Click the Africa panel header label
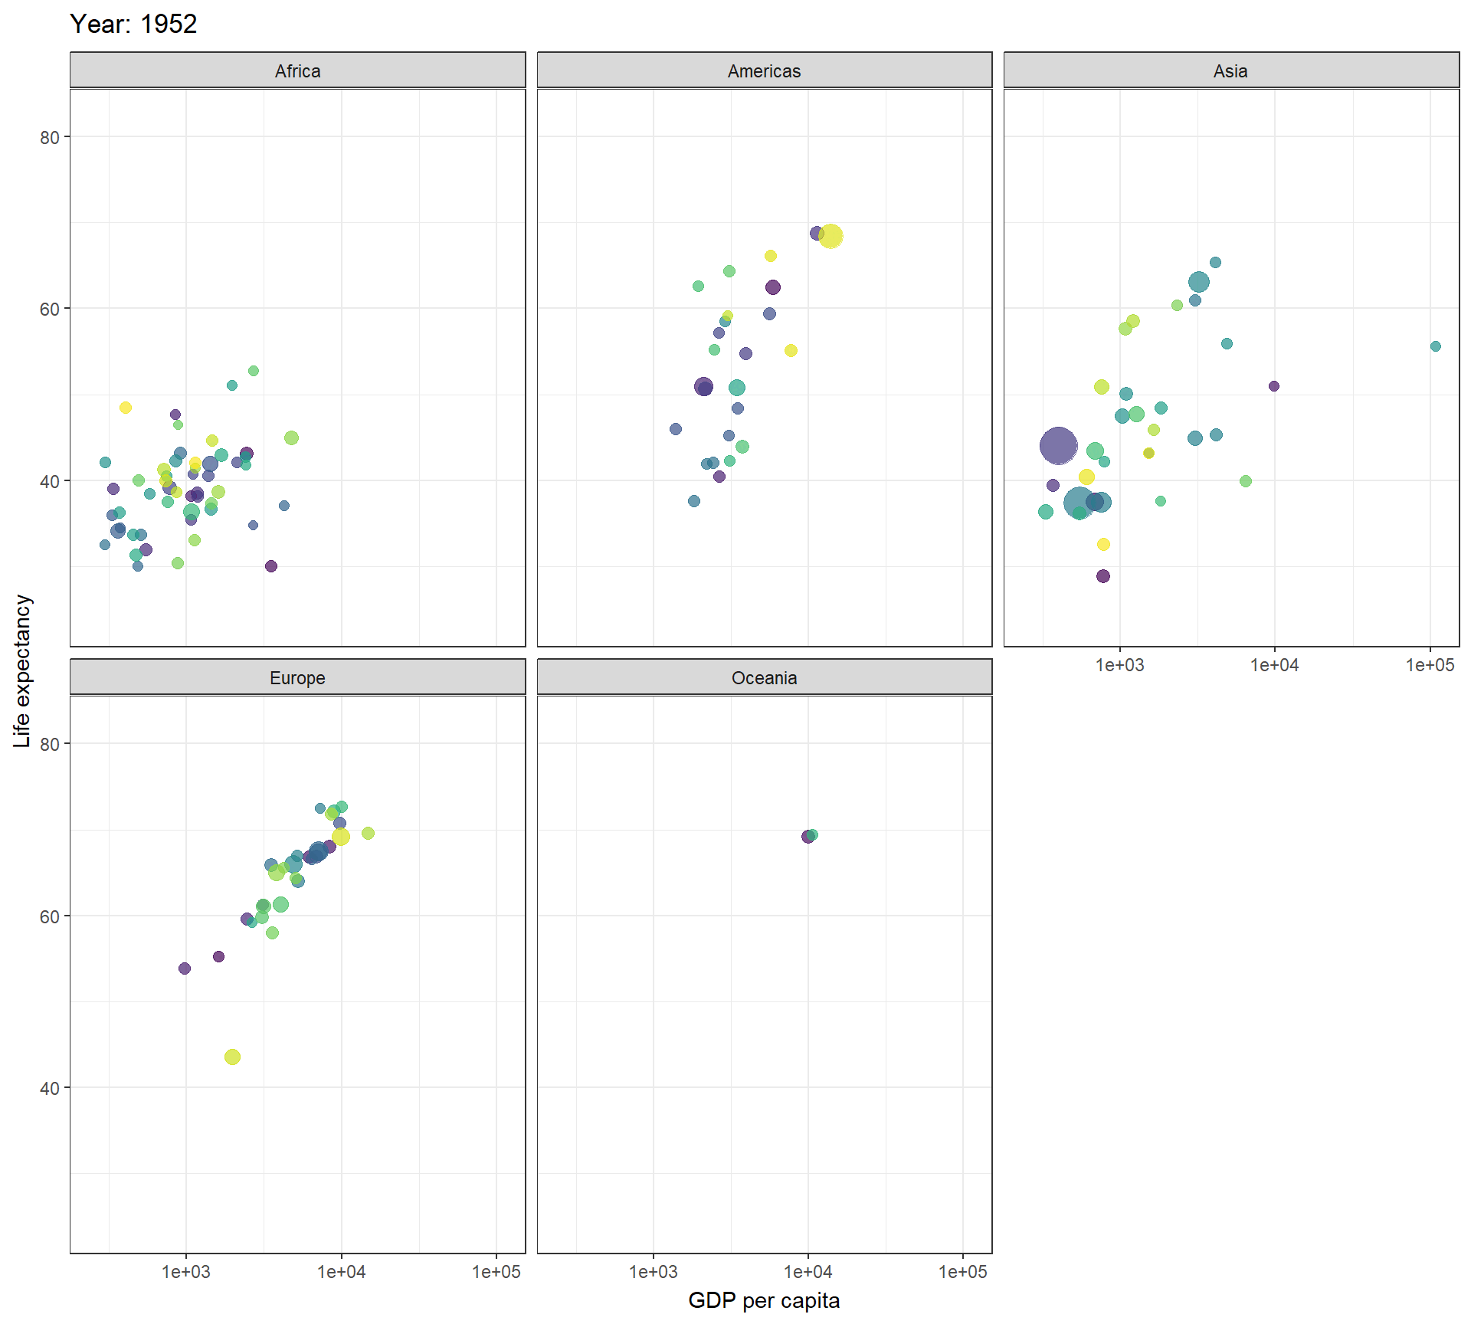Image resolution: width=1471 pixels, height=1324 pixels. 297,71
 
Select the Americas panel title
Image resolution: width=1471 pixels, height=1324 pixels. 764,71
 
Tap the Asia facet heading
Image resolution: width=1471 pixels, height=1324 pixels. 1230,71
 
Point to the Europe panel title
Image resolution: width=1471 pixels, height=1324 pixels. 297,678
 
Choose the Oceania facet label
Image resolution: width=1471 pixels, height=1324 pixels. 764,678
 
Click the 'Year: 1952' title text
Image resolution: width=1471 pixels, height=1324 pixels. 133,25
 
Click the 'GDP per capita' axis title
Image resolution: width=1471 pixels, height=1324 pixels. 764,1300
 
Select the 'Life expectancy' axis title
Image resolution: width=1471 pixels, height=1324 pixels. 22,671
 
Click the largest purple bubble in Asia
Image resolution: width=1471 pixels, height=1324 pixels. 1058,445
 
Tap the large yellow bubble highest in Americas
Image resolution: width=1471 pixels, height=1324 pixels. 831,236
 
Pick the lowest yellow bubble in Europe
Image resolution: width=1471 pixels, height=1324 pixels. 232,1057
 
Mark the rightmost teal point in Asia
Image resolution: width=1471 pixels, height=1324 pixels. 1435,346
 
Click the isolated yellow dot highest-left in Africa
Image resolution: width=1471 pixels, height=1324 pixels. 126,408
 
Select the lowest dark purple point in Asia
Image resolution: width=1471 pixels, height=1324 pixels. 1102,576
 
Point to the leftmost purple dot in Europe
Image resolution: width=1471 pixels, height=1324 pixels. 185,968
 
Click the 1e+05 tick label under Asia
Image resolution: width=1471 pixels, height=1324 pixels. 1429,665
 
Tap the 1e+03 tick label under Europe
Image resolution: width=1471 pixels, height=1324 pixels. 185,1272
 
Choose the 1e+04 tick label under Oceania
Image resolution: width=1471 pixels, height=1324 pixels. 808,1272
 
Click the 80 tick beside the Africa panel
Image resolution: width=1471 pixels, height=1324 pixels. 49,137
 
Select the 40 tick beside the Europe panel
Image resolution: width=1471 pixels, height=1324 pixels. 49,1088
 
